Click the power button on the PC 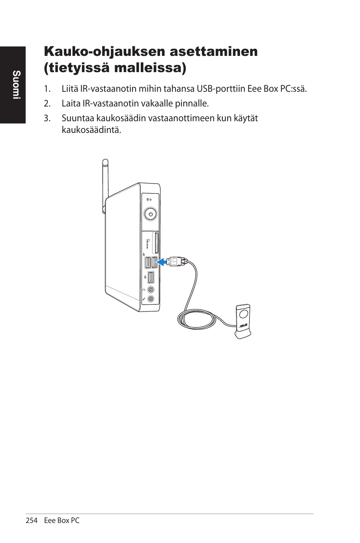[151, 214]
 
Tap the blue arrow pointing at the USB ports [162, 261]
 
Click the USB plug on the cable [175, 261]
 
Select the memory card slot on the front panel [156, 243]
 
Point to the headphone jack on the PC [151, 290]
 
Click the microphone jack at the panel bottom [151, 299]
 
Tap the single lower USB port [151, 278]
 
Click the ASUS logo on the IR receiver [243, 325]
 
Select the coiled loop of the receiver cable [197, 321]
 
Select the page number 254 [32, 520]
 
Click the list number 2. [47, 103]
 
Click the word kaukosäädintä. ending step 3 [91, 130]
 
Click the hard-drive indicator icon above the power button [148, 199]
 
